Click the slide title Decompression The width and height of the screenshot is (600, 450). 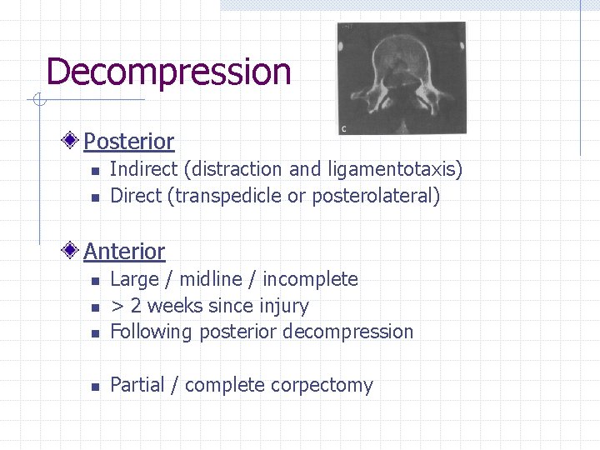click(x=168, y=72)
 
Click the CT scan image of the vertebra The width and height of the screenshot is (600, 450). click(x=401, y=78)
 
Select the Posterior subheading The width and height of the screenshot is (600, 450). click(x=128, y=142)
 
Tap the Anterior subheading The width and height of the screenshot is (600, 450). click(x=124, y=251)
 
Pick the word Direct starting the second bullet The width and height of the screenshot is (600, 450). click(x=133, y=197)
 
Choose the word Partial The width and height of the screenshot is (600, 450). click(x=137, y=385)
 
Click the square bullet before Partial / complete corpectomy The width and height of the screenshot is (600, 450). click(x=96, y=386)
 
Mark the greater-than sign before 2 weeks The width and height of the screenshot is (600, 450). click(x=117, y=306)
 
